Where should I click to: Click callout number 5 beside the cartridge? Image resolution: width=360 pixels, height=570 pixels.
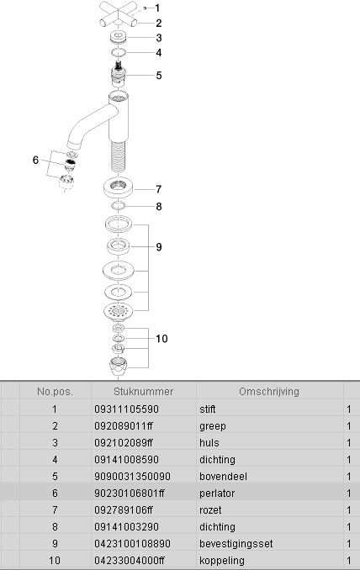(x=158, y=76)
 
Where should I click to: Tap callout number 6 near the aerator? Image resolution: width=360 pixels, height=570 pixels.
(x=35, y=160)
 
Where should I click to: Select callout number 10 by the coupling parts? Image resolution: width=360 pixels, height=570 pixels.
(x=161, y=339)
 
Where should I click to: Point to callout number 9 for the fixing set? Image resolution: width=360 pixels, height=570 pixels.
(x=158, y=247)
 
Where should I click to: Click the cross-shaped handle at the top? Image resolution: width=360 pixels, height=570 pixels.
(x=119, y=14)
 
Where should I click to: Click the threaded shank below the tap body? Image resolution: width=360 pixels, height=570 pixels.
(x=118, y=156)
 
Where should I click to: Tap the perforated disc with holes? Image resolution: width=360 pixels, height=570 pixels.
(x=118, y=312)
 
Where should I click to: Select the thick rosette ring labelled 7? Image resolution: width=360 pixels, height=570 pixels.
(x=119, y=187)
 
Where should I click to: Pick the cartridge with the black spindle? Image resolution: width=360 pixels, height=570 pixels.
(x=118, y=74)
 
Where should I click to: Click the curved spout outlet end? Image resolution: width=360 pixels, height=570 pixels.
(x=74, y=145)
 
